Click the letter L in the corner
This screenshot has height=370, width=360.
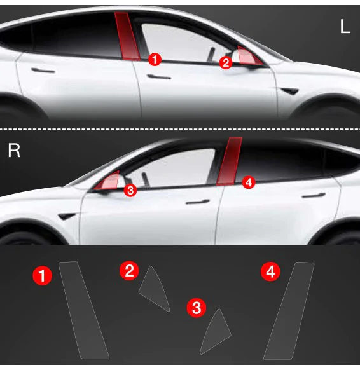(x=345, y=27)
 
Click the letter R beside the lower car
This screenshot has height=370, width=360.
(x=14, y=151)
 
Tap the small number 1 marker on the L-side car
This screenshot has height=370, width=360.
(x=155, y=59)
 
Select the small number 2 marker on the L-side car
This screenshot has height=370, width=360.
(x=225, y=62)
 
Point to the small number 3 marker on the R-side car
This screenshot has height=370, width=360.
(x=130, y=189)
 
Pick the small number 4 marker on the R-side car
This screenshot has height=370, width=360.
(x=248, y=182)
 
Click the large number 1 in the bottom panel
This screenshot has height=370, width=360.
(x=43, y=275)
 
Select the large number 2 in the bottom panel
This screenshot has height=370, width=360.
(x=129, y=271)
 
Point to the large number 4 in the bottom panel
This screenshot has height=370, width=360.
(x=270, y=273)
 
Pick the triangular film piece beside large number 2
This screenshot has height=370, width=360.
(x=154, y=289)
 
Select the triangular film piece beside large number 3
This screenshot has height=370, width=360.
(x=216, y=331)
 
